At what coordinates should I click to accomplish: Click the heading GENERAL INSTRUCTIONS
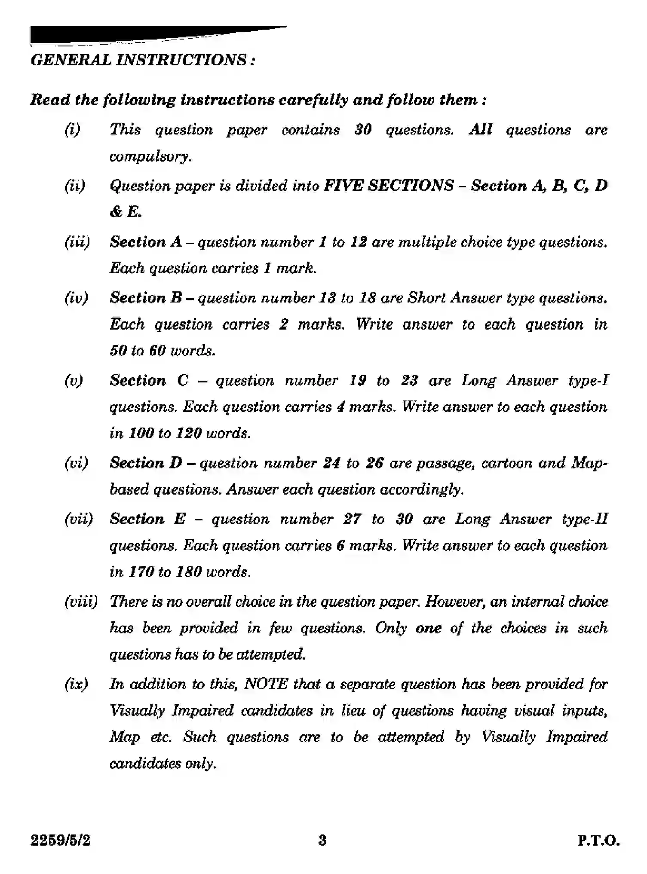pos(142,60)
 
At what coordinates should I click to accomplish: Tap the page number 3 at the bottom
pos(322,840)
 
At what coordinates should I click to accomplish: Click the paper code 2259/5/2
pos(61,840)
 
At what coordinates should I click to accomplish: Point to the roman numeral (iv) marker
pos(76,298)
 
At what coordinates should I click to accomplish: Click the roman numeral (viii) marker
pos(81,602)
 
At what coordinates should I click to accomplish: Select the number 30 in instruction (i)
pos(363,130)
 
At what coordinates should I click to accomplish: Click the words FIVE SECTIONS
pos(388,186)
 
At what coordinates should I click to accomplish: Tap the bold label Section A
pos(146,242)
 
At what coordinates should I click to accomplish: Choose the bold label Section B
pos(146,298)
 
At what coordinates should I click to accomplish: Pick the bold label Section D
pos(146,463)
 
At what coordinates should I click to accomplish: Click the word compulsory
pos(150,156)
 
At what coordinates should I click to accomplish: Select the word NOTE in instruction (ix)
pos(266,684)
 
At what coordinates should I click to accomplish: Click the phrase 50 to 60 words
pos(162,351)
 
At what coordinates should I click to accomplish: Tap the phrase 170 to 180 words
pos(180,572)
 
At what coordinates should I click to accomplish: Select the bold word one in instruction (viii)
pos(428,628)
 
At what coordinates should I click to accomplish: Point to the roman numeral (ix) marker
pos(76,684)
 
